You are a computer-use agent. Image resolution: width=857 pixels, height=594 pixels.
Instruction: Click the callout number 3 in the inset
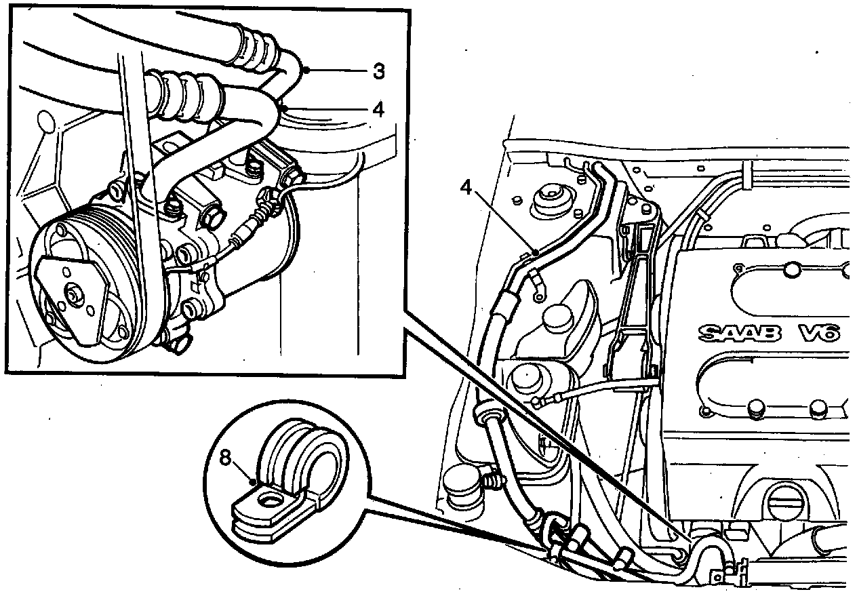pyautogui.click(x=380, y=71)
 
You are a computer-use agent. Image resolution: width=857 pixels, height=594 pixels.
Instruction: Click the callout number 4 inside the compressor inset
pyautogui.click(x=378, y=108)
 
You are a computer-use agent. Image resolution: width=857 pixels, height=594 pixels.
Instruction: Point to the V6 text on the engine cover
pyautogui.click(x=819, y=333)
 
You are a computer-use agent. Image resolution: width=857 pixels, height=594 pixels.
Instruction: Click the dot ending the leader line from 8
pyautogui.click(x=252, y=481)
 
